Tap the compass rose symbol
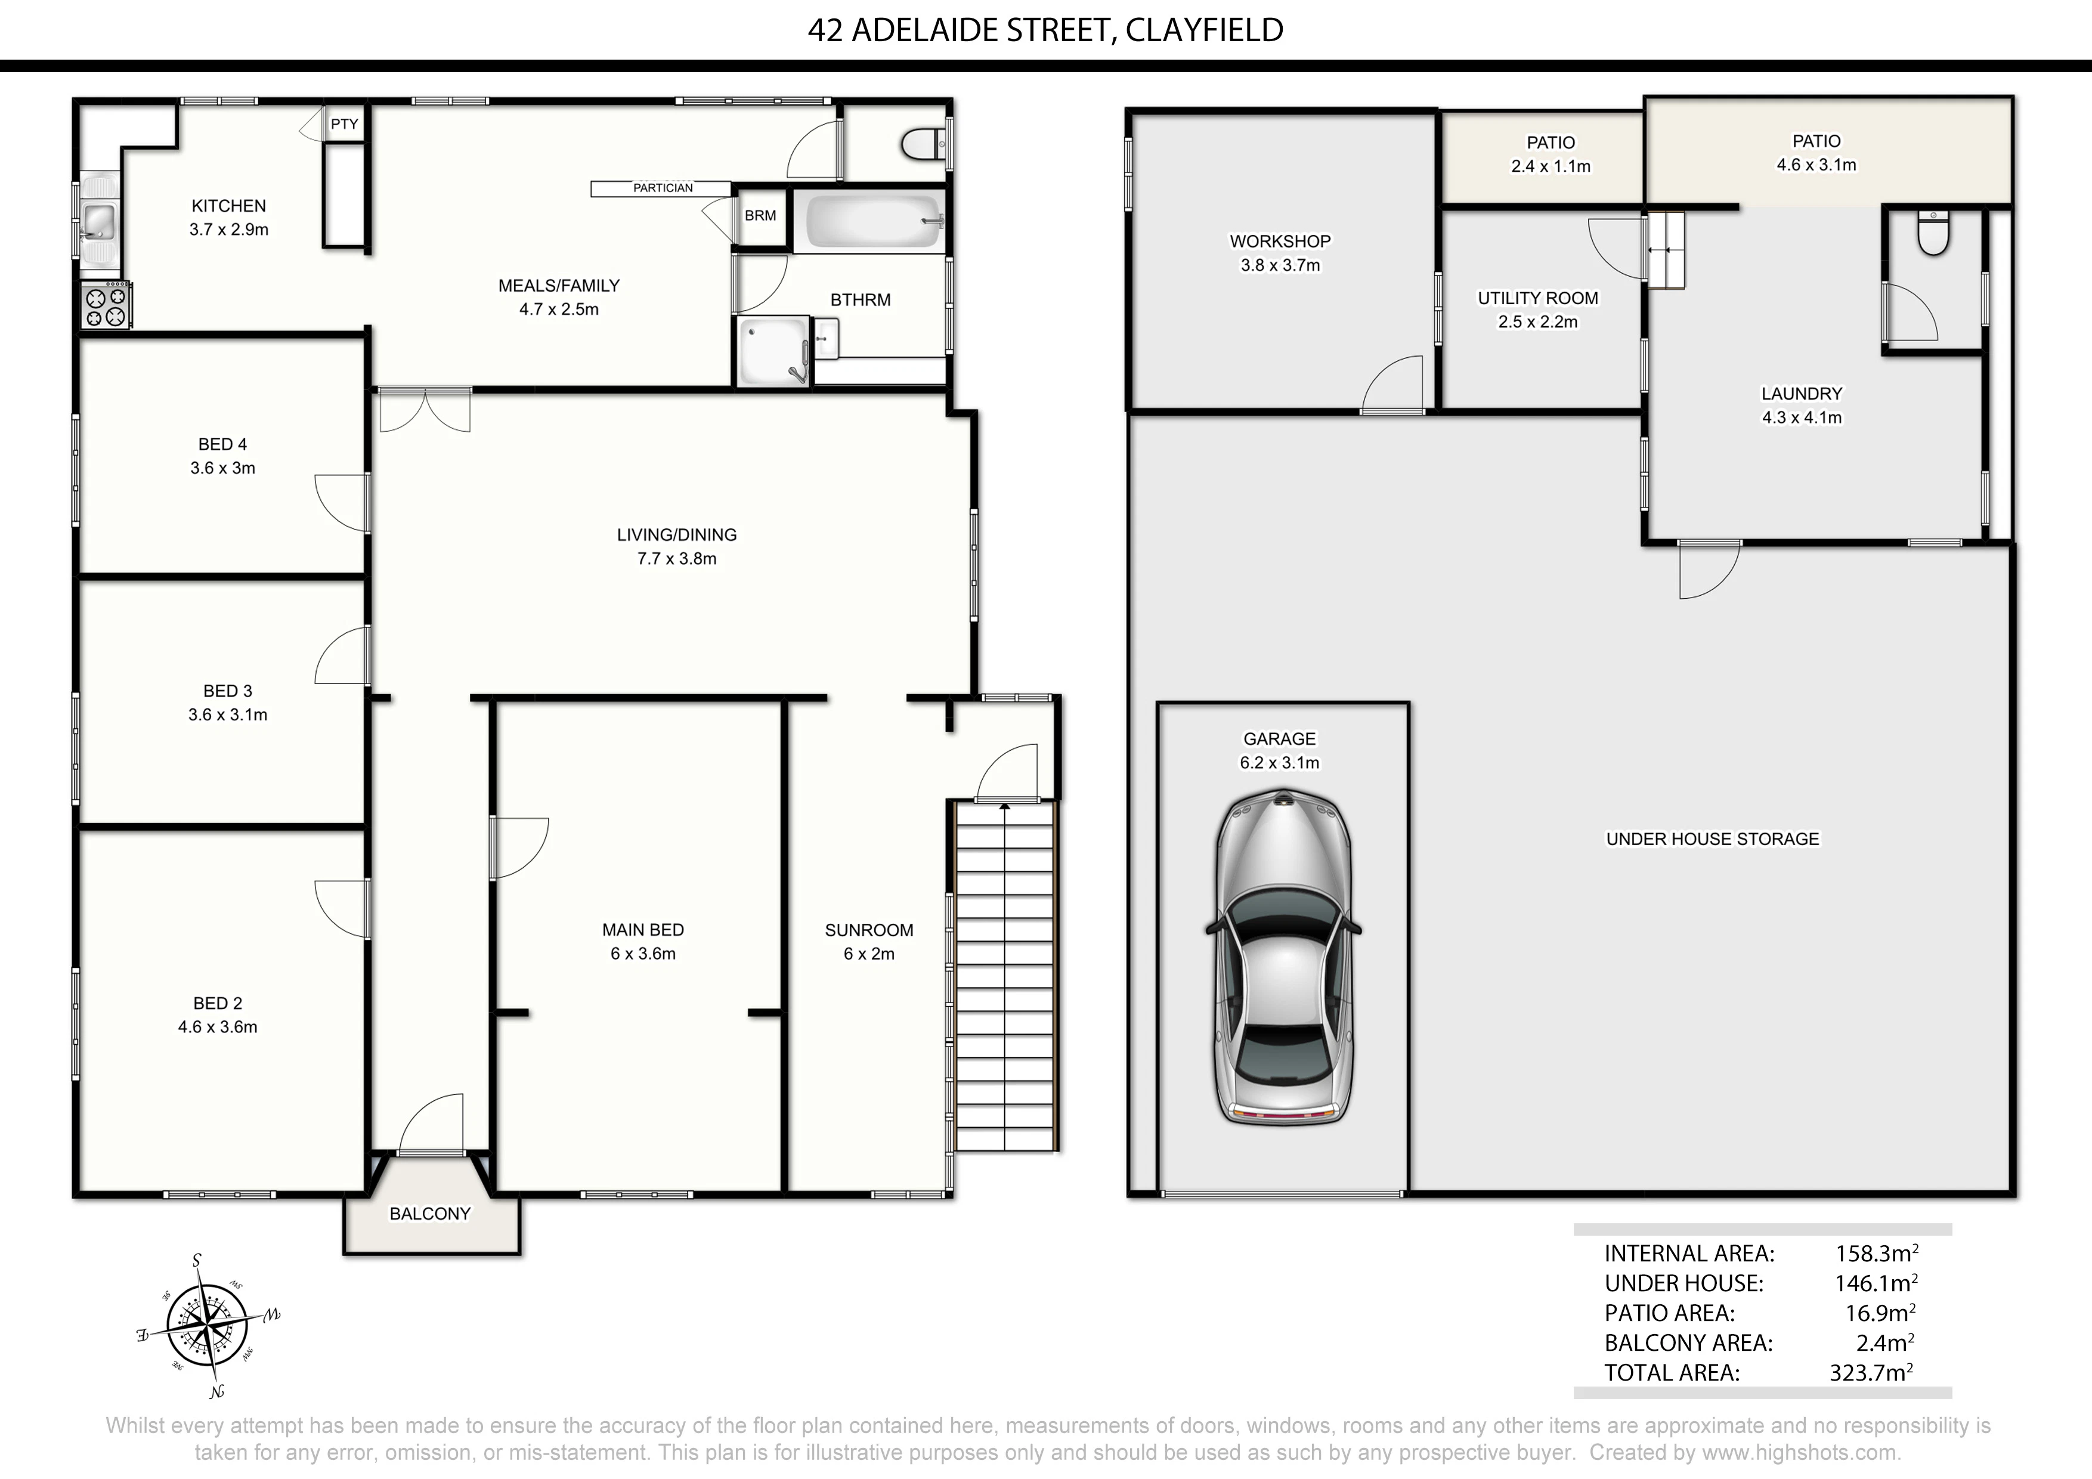[208, 1325]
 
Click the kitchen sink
[98, 221]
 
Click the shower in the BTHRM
[773, 351]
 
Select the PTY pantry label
[345, 124]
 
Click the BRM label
[760, 215]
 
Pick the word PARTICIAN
[663, 188]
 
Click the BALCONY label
[430, 1214]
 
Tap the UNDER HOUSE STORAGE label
[1712, 839]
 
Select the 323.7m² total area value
[1871, 1372]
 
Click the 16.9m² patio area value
[1880, 1313]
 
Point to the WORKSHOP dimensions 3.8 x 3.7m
[1280, 265]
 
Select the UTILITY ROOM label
[1538, 298]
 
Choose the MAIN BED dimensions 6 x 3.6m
[643, 954]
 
